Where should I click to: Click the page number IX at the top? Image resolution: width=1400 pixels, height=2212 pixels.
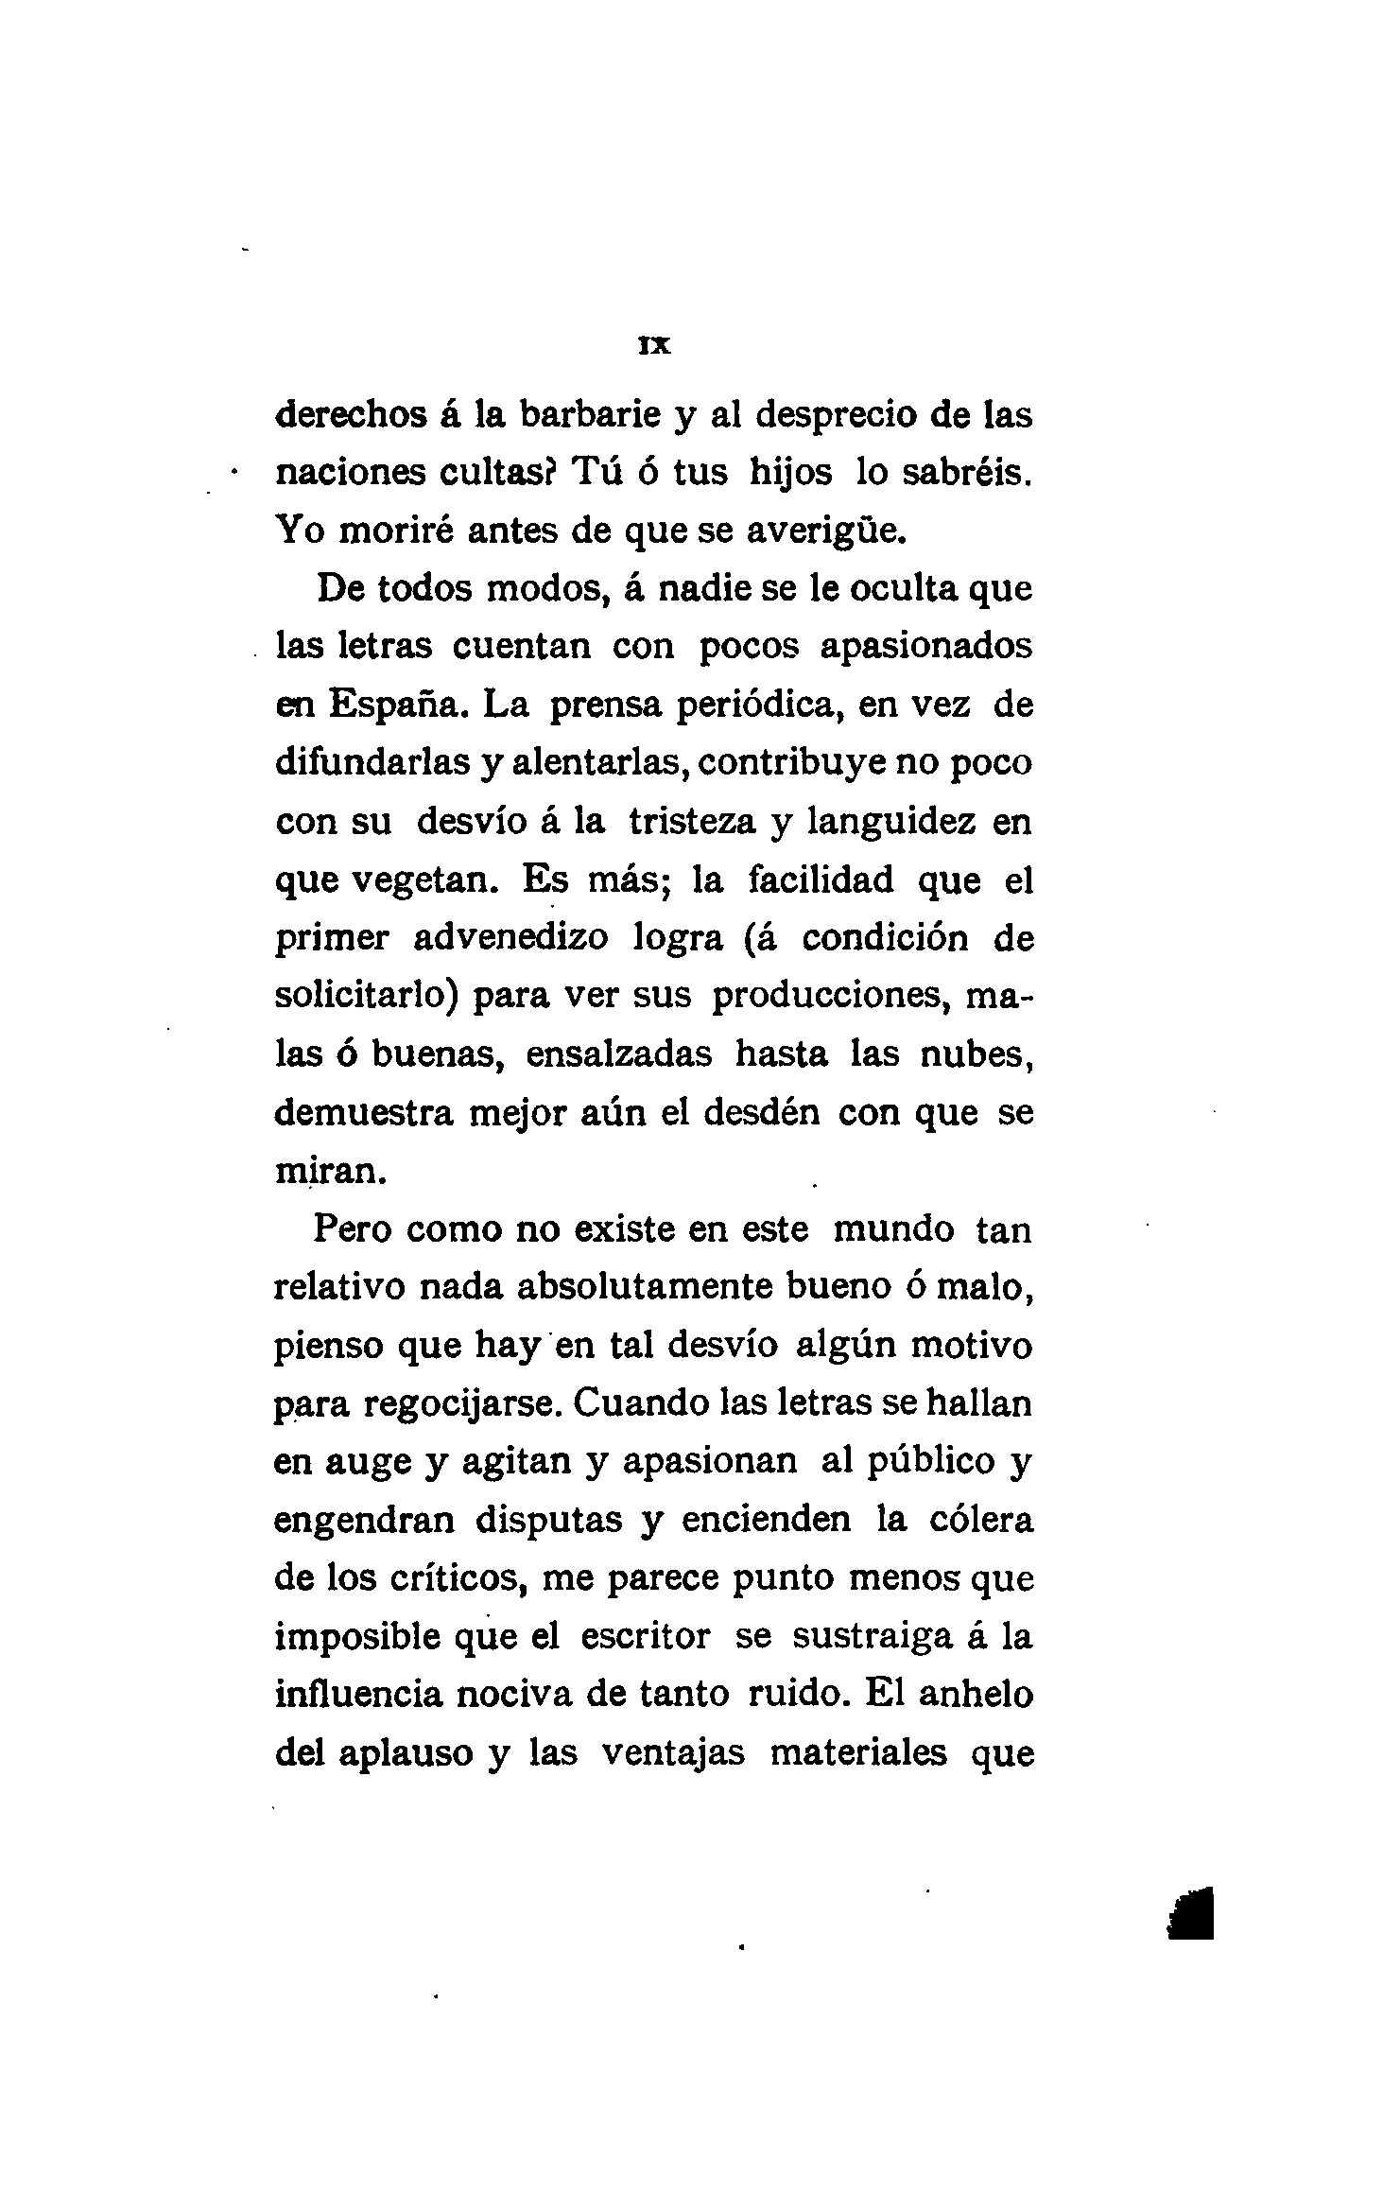(654, 347)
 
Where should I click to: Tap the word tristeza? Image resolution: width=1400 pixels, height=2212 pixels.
(693, 822)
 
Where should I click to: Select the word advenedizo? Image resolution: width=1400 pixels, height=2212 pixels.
(511, 938)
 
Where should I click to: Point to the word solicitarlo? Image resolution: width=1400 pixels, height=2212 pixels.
(367, 996)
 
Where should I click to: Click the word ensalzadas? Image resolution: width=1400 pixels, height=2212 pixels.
(618, 1054)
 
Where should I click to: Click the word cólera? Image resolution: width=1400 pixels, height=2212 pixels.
(978, 1520)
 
